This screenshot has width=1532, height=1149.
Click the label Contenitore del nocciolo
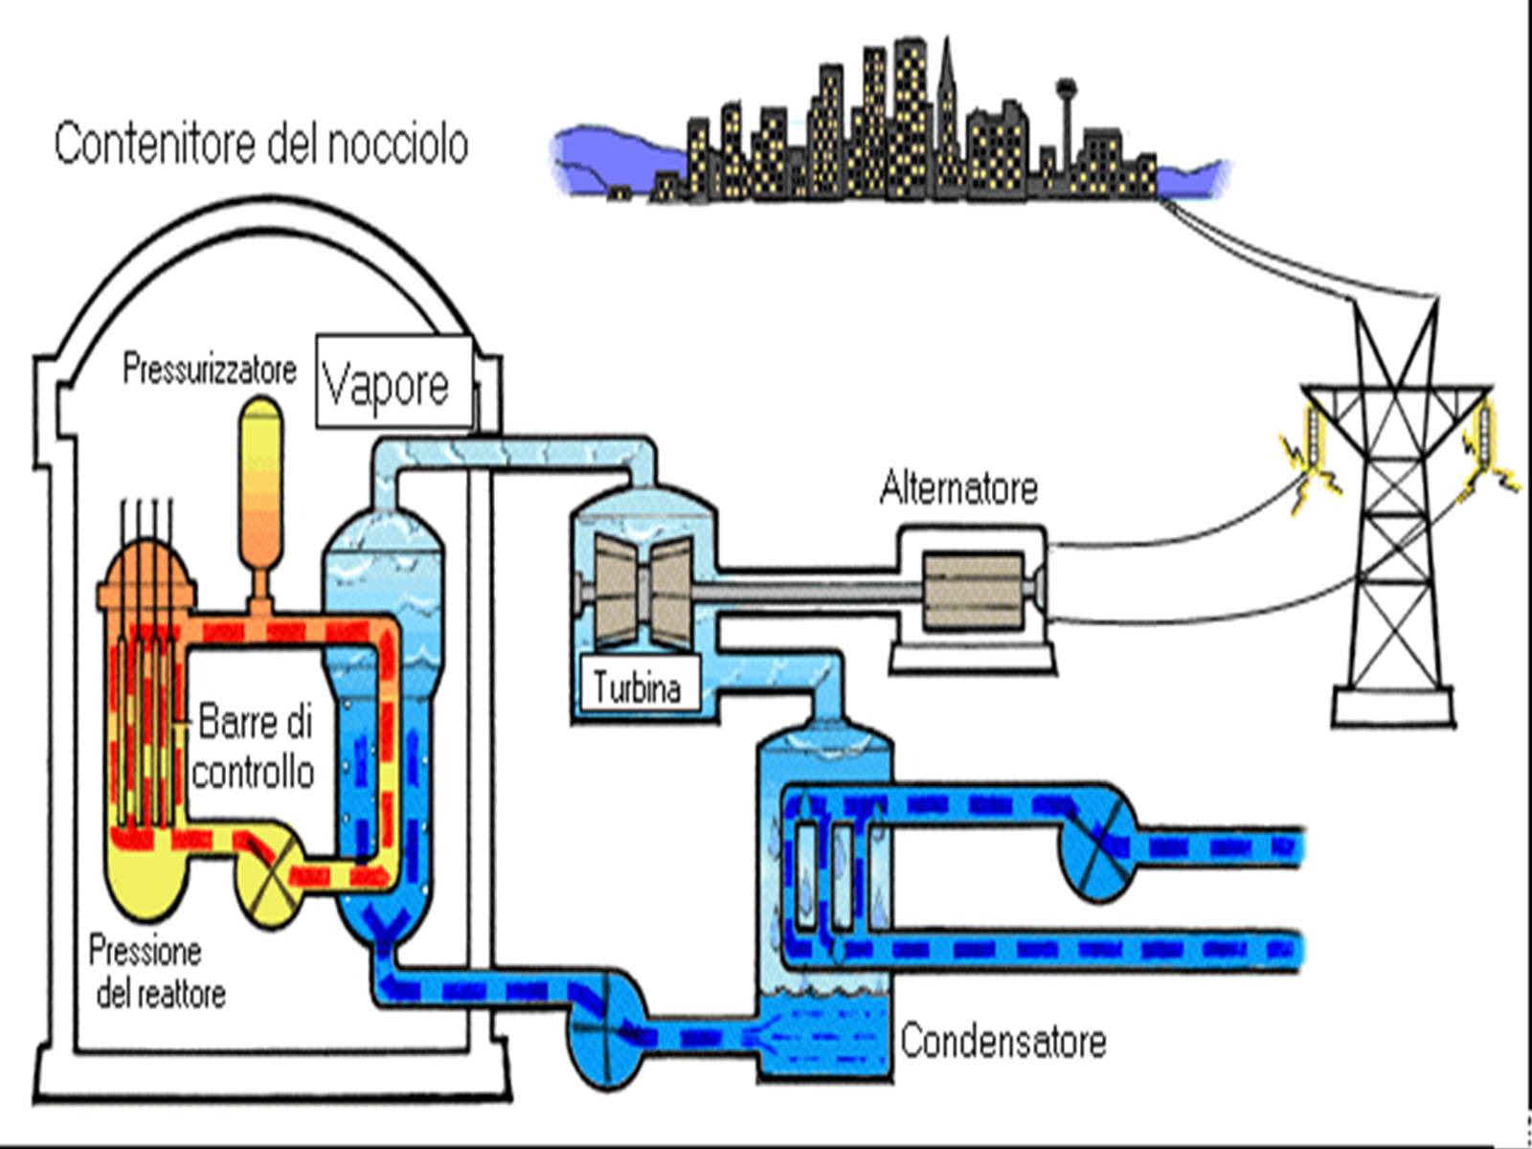[x=260, y=145]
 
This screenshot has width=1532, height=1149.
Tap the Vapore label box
[x=394, y=383]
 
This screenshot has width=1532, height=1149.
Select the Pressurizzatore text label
[x=210, y=370]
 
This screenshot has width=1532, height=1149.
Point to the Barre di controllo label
[x=254, y=747]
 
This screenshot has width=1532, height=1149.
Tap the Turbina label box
[x=637, y=687]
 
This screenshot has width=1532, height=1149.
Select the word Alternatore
[x=958, y=488]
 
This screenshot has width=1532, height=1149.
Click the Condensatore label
[x=1003, y=1041]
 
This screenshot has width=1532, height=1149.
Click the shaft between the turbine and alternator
[x=814, y=594]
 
